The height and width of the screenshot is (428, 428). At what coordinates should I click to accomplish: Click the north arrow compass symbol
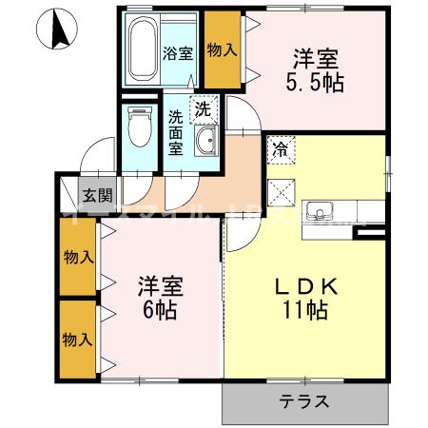pyautogui.click(x=56, y=29)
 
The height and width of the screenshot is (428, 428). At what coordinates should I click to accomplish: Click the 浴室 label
pyautogui.click(x=177, y=52)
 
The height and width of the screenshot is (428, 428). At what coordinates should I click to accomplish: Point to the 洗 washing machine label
pyautogui.click(x=203, y=109)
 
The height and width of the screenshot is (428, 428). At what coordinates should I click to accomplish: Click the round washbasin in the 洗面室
pyautogui.click(x=204, y=145)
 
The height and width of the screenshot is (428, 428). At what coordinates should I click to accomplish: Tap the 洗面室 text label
pyautogui.click(x=176, y=135)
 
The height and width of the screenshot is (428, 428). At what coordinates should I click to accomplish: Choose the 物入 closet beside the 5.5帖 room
pyautogui.click(x=222, y=49)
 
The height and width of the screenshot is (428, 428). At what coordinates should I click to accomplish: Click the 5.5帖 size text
pyautogui.click(x=316, y=82)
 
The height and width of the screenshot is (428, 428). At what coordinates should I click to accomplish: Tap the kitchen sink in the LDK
pyautogui.click(x=321, y=209)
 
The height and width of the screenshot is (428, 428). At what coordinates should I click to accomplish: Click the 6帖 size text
pyautogui.click(x=158, y=310)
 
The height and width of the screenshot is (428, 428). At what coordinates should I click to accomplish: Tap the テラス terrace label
pyautogui.click(x=304, y=401)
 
